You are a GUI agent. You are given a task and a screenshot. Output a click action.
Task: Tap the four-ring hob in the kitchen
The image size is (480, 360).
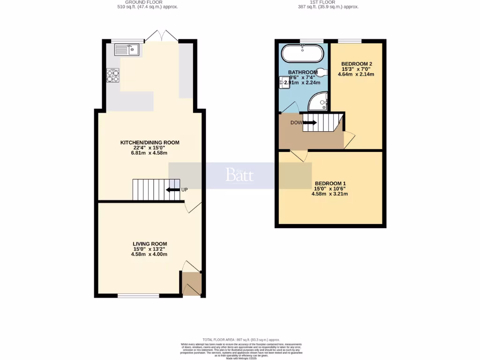click(x=113, y=75)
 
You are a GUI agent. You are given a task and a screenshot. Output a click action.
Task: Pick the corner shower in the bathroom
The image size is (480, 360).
click(x=320, y=100)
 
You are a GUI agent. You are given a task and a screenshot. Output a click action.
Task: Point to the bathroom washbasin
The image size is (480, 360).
click(x=283, y=83)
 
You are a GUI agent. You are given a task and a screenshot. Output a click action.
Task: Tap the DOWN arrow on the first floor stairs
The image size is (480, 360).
click(x=309, y=123)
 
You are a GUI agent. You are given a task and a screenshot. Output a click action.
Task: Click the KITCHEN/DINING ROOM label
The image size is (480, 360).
click(x=150, y=142)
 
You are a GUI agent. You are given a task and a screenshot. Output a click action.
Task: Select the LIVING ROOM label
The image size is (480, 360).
click(x=150, y=244)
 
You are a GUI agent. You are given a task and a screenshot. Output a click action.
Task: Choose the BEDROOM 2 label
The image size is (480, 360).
click(x=356, y=64)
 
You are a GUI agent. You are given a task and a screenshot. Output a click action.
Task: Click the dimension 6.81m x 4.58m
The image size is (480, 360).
click(x=150, y=153)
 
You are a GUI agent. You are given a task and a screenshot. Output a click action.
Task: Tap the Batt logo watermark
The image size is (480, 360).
click(x=240, y=175)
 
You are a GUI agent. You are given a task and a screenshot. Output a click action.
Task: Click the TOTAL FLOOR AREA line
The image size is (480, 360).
click(x=241, y=339)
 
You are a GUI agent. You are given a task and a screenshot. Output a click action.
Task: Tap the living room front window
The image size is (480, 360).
click(x=138, y=296)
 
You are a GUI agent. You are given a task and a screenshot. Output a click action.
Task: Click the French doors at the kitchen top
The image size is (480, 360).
click(x=161, y=37)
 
